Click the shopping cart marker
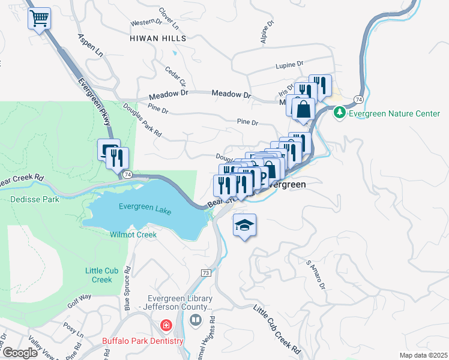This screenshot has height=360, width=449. coord(39,19)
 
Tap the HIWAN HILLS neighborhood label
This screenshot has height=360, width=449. coord(158,38)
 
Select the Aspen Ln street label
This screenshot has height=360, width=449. coord(91,45)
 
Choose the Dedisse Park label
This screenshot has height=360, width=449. coord(34,199)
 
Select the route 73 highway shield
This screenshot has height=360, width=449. coord(206,272)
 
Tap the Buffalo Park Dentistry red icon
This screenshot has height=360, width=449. coord(165,325)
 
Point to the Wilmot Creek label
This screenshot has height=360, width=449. coord(133,235)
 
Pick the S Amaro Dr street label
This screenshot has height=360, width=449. coord(316,275)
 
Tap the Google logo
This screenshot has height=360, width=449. coord(20,353)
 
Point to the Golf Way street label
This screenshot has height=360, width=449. coord(79,300)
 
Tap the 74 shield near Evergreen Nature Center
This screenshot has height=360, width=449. coord(358,99)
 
